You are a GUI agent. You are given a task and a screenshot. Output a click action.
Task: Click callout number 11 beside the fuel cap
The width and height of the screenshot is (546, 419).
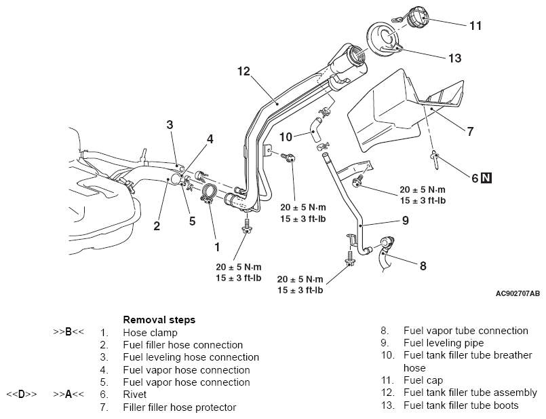[475, 26]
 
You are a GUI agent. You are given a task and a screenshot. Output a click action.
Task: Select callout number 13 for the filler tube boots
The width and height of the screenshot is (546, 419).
[454, 58]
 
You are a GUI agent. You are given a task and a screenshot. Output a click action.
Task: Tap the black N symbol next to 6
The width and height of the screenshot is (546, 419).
[486, 178]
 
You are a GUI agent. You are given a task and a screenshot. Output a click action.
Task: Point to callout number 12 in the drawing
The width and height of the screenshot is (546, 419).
[243, 71]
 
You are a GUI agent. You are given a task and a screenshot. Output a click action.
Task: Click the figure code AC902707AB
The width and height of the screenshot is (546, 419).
[518, 293]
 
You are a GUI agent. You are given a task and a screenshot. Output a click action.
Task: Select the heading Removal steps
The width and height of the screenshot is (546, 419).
[159, 320]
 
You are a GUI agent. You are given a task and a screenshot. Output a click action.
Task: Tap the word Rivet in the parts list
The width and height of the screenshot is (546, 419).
[135, 395]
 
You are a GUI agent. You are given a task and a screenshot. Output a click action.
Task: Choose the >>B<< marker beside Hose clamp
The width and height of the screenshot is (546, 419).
[69, 331]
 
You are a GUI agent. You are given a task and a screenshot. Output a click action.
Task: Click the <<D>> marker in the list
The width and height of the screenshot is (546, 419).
[21, 395]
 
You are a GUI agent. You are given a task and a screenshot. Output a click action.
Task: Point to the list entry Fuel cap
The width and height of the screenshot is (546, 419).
[423, 380]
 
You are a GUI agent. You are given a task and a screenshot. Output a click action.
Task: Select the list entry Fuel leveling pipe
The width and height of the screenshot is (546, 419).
[444, 343]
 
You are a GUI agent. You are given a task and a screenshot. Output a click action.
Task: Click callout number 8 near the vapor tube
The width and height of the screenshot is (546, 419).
[423, 266]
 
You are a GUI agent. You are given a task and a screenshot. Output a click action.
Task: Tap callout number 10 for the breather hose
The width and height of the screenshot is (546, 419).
[286, 137]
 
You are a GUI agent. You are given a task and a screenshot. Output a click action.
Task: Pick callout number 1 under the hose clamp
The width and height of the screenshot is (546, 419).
[217, 247]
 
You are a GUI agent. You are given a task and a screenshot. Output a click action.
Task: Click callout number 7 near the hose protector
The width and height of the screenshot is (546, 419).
[470, 132]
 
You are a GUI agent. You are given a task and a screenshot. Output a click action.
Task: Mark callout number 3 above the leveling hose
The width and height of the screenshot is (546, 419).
[170, 124]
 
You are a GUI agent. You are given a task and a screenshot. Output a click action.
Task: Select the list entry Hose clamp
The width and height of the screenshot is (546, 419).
[150, 333]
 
